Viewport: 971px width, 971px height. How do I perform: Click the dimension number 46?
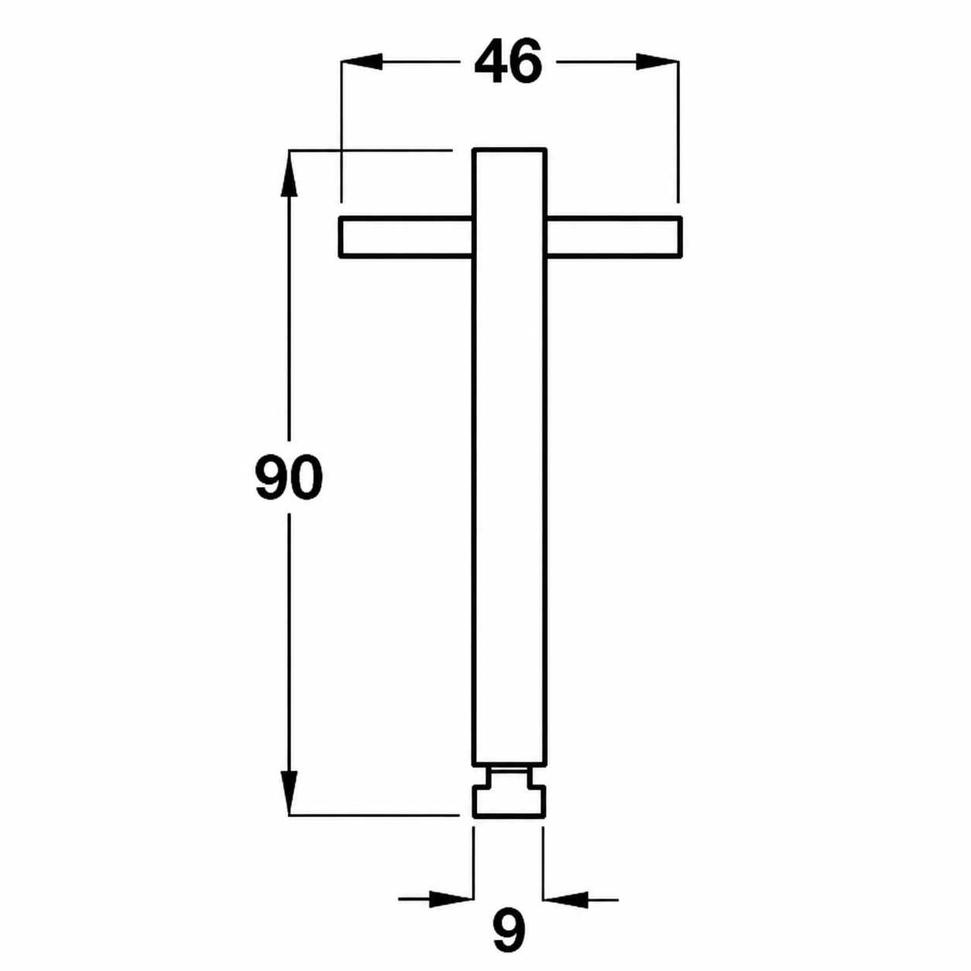pyautogui.click(x=508, y=62)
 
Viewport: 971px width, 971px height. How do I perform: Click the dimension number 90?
pyautogui.click(x=289, y=477)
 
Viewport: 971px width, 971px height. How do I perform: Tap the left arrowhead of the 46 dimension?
pyautogui.click(x=362, y=61)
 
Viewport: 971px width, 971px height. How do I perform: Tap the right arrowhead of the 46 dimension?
pyautogui.click(x=657, y=61)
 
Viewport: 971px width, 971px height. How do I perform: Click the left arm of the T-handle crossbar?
pyautogui.click(x=407, y=238)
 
